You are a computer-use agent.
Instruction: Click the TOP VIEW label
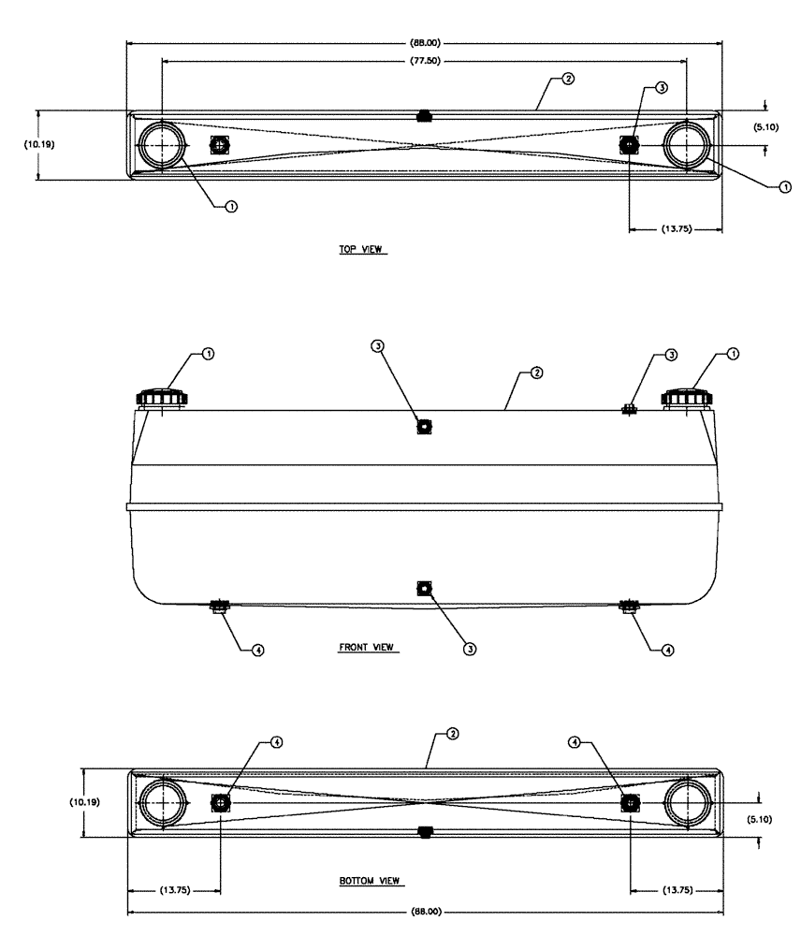[362, 251]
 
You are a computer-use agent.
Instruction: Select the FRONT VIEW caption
[366, 647]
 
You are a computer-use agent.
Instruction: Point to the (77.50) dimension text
[424, 60]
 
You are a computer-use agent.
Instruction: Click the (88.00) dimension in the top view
[424, 42]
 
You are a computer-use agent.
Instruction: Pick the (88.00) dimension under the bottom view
[424, 911]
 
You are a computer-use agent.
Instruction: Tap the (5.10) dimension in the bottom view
[773, 818]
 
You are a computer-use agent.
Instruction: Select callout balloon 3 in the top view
[662, 87]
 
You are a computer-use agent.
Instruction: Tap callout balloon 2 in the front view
[536, 373]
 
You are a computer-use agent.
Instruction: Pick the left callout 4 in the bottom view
[276, 741]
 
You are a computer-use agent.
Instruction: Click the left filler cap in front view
[163, 399]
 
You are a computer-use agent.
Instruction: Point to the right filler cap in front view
[689, 399]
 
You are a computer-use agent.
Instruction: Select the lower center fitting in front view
[424, 588]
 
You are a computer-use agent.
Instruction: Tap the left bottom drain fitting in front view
[220, 606]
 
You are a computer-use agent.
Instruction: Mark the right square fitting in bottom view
[630, 803]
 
